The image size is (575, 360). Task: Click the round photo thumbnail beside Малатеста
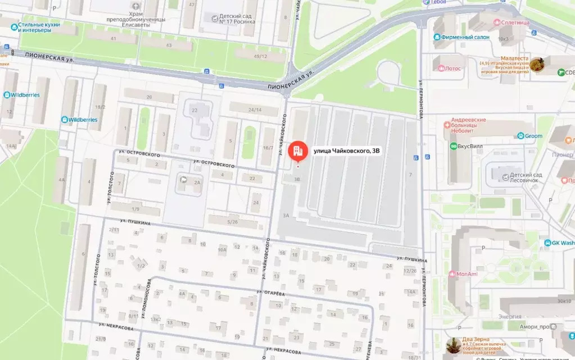tap(537, 64)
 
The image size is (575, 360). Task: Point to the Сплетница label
tap(511, 22)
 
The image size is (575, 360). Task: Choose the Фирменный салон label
tap(465, 37)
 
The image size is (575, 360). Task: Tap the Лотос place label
tap(452, 69)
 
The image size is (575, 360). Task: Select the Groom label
tap(533, 136)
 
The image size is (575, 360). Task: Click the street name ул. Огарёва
tap(271, 293)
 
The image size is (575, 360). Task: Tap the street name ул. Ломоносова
tap(148, 298)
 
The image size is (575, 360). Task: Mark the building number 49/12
tap(260, 56)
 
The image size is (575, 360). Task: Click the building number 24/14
tap(255, 110)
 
